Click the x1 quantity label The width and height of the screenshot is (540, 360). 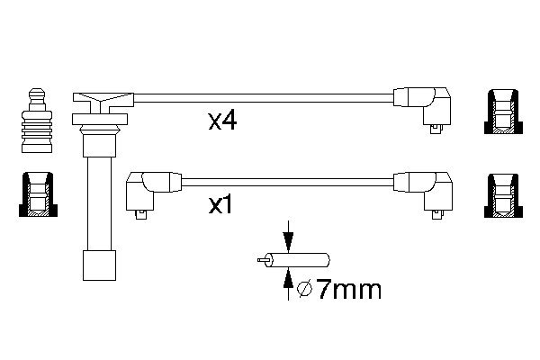[x=222, y=205]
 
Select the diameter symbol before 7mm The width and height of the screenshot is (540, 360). [x=304, y=289]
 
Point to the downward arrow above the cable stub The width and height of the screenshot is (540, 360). [x=287, y=239]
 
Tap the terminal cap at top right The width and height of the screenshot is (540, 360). [x=501, y=112]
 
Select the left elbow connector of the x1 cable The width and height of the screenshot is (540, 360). [x=147, y=188]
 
